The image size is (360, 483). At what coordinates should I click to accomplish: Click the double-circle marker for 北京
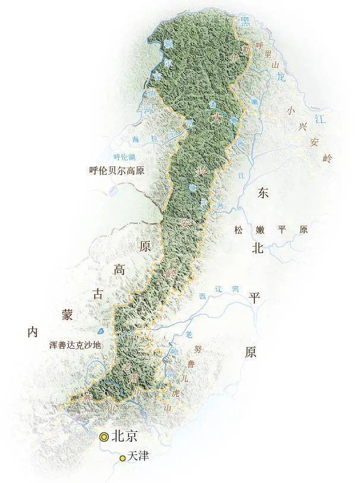(x=105, y=437)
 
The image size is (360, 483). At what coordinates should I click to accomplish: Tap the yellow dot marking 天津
(x=122, y=457)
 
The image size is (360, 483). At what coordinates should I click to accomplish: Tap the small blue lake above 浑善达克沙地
(x=101, y=331)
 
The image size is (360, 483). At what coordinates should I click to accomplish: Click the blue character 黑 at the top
(x=244, y=22)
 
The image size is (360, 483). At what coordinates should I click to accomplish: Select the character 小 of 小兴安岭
(x=290, y=109)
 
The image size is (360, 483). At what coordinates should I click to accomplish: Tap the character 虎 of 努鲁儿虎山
(x=175, y=393)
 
